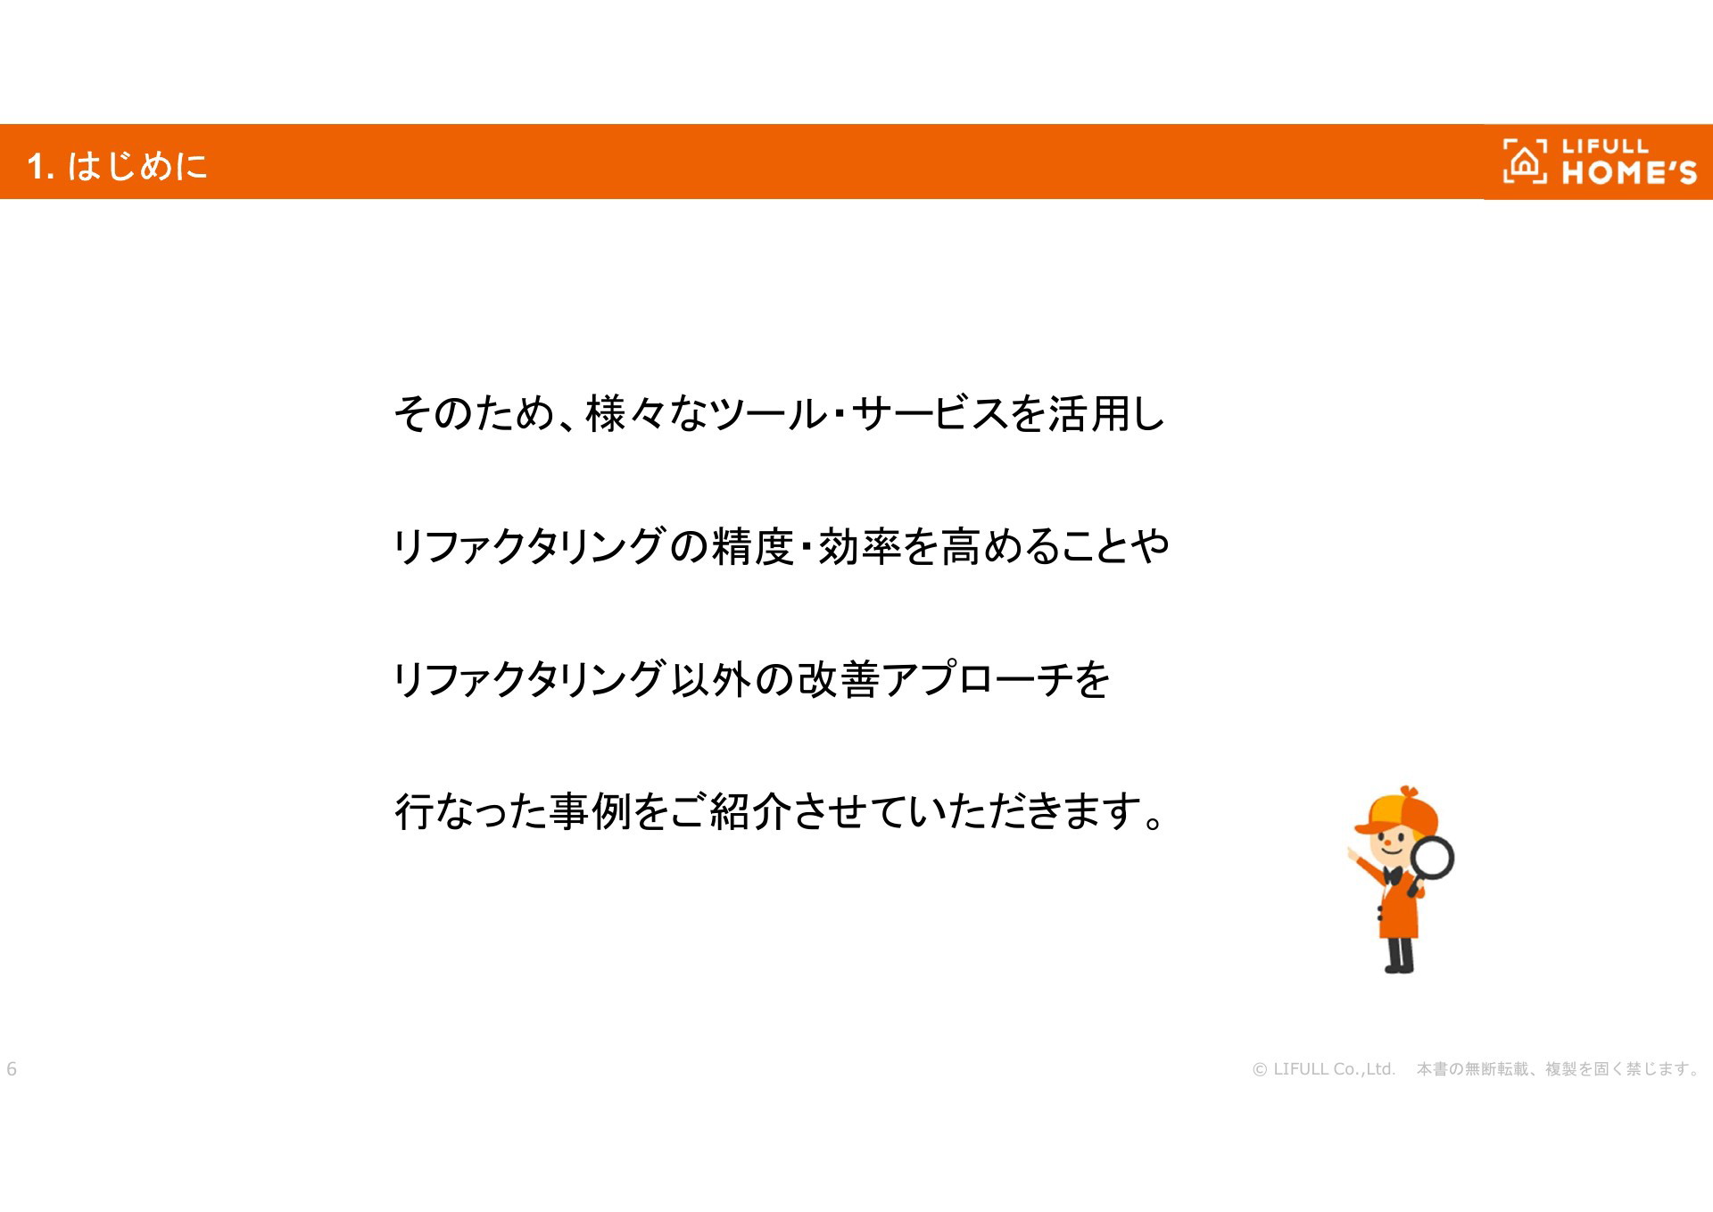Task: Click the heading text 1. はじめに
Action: pyautogui.click(x=117, y=166)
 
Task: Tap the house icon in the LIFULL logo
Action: pyautogui.click(x=1525, y=162)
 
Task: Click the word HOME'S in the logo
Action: pyautogui.click(x=1629, y=172)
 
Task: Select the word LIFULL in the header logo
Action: pyautogui.click(x=1605, y=146)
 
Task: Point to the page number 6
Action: pyautogui.click(x=12, y=1068)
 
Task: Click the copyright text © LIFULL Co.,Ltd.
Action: pyautogui.click(x=1324, y=1068)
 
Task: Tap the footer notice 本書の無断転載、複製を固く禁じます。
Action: pyautogui.click(x=1559, y=1068)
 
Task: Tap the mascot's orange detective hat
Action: pyautogui.click(x=1397, y=811)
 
